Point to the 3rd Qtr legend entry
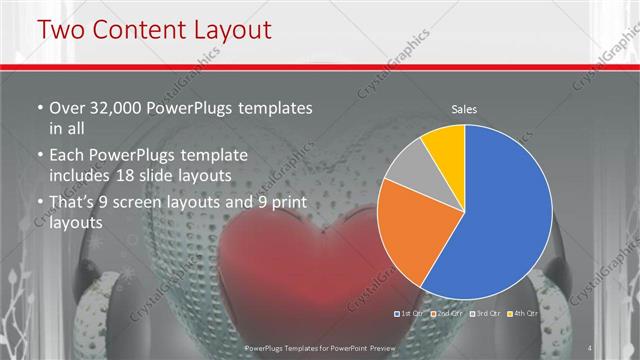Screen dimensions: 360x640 pos(485,314)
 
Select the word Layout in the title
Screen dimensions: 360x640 pos(228,30)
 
